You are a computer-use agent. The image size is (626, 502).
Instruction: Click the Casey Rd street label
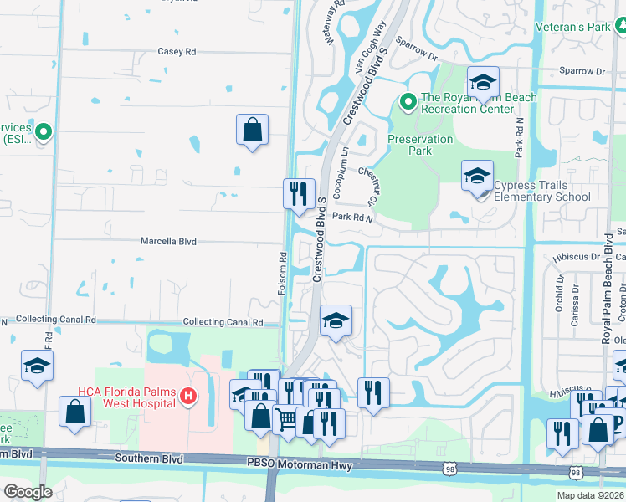[x=176, y=51]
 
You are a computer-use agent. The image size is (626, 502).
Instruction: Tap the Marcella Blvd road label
[x=168, y=241]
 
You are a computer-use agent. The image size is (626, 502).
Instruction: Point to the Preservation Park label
[x=420, y=145]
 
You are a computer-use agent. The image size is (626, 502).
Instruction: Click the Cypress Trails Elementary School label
[x=541, y=192]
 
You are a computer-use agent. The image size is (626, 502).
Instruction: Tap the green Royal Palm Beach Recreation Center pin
[x=408, y=102]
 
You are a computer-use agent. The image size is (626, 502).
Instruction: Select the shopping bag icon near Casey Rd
[x=252, y=131]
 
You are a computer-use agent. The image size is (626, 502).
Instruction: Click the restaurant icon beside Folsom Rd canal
[x=299, y=194]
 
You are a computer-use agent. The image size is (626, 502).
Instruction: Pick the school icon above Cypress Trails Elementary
[x=483, y=82]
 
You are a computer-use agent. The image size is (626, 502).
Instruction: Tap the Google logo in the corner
[x=28, y=491]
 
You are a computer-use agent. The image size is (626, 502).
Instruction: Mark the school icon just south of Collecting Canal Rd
[x=336, y=320]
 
